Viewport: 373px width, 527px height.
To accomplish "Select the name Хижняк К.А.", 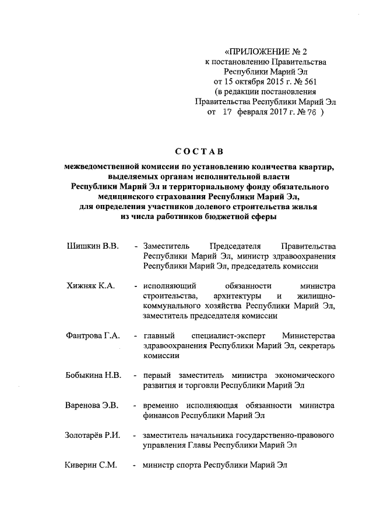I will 91,286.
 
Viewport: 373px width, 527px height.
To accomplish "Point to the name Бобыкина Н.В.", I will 93,375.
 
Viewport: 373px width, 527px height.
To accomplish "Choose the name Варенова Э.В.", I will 92,405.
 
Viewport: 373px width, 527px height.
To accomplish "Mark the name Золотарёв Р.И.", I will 93,435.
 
